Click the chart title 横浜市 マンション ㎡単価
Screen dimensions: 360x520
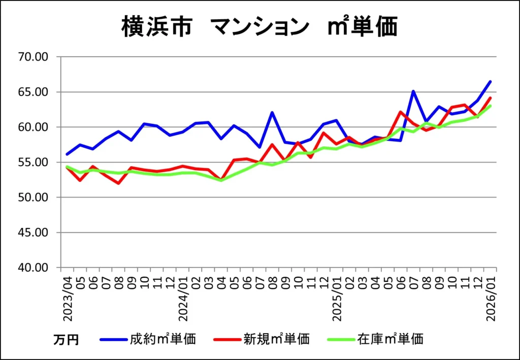point(259,27)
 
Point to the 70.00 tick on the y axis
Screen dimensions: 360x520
point(32,57)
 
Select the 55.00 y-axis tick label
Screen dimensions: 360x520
point(32,162)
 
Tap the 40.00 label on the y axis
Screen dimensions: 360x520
point(32,268)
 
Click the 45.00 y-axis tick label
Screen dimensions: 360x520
point(32,233)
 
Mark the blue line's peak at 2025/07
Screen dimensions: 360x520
point(413,91)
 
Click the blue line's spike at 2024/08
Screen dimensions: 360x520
point(273,112)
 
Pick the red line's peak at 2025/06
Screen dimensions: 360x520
point(401,112)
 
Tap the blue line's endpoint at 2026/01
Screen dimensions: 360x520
point(491,81)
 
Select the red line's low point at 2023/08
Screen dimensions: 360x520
point(119,183)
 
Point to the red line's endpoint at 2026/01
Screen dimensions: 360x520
point(491,98)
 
